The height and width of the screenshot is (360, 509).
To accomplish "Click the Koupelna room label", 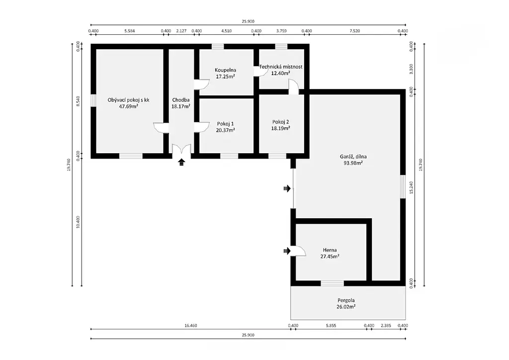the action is coord(225,70).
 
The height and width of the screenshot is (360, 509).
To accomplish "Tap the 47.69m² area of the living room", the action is coord(129,106).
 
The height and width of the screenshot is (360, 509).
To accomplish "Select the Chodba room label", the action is coord(181,100).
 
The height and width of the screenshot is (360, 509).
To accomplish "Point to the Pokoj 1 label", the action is coord(225,124).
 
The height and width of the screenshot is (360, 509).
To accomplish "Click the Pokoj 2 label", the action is coord(280,122).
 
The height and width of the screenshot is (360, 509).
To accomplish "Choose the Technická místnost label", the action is coord(281,67).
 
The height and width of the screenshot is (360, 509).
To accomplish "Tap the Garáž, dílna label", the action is coord(353,157).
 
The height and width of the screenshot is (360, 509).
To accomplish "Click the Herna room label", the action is coord(330,250).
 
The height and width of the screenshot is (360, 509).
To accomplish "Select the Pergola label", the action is coord(346,301).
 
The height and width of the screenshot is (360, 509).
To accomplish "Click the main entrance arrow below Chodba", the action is coord(181,162).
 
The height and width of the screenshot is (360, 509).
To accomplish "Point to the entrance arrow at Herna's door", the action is coord(287,251).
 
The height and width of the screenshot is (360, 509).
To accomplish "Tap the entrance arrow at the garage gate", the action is coord(287,188).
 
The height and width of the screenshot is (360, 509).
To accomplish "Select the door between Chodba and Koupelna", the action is coord(202,84).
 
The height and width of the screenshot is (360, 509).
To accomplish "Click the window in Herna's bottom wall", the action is coord(332,283).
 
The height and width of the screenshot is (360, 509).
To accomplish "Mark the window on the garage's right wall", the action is coord(403,186).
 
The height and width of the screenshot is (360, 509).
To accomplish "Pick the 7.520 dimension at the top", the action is coord(354,31).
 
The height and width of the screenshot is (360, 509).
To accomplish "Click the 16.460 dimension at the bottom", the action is coord(190,326).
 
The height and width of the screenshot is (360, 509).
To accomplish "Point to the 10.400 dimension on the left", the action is coord(78,222).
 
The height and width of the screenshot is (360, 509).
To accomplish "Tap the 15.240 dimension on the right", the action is coord(411,187).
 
